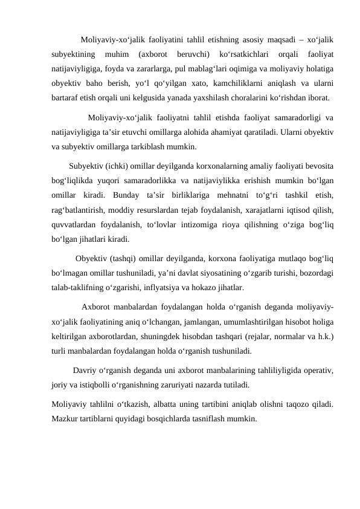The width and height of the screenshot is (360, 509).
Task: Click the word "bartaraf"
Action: (65, 96)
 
